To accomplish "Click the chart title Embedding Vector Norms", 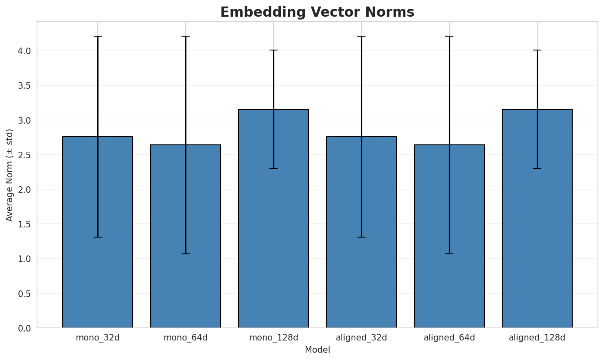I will coord(317,12).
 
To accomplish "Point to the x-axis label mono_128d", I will coord(274,338).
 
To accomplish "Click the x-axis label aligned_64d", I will coord(449,338).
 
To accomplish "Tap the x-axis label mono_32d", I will coord(98,338).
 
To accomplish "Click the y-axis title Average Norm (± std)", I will coord(10,175).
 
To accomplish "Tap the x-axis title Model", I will coord(317,350).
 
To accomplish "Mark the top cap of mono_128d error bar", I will coord(274,50).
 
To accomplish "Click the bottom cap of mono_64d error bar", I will coord(186,254).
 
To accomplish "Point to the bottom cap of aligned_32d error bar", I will coord(361,237).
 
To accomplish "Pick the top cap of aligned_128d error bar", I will coord(537,50).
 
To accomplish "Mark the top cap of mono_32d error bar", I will coord(98,36).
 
